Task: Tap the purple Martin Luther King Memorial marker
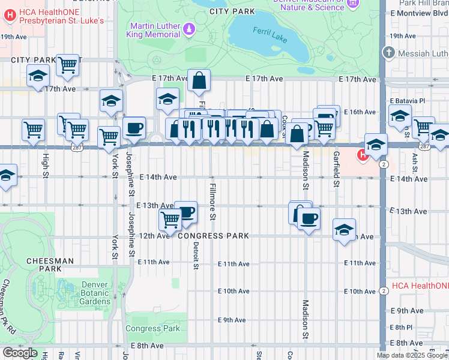(x=188, y=28)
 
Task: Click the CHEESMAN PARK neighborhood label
(x=50, y=265)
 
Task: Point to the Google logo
(x=20, y=353)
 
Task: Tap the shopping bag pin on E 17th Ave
(x=199, y=80)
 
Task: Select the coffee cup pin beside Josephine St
(x=134, y=127)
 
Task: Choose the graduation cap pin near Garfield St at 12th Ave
(x=344, y=229)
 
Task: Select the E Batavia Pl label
(x=408, y=100)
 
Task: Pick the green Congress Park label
(x=152, y=328)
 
